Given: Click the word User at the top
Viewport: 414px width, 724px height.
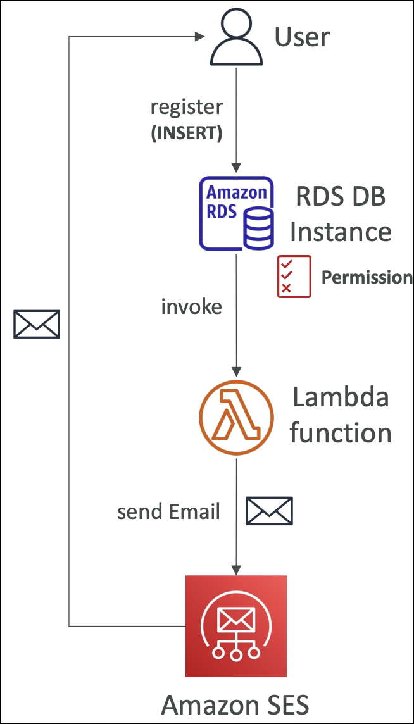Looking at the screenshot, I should (x=302, y=37).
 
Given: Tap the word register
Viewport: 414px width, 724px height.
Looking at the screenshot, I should (x=186, y=107).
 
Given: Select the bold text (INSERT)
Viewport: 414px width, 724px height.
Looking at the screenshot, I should (x=186, y=134).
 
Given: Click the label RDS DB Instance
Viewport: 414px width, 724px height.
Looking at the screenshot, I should (x=341, y=215).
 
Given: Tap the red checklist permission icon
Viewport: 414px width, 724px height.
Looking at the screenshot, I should (x=294, y=277).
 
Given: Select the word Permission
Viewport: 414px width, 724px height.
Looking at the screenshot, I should (x=367, y=277).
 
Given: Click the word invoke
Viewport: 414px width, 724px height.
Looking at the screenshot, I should (x=191, y=307).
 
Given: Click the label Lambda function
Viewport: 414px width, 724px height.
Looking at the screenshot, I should (x=341, y=416).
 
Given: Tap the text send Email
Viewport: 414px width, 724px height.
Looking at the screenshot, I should (x=168, y=511).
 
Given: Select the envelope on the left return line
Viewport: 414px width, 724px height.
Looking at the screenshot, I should (x=37, y=324).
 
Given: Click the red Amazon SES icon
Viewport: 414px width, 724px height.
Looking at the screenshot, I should (x=236, y=626).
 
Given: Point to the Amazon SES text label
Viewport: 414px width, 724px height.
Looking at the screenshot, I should (x=235, y=704).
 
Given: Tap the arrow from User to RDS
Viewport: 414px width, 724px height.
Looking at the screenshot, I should (x=236, y=120).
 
